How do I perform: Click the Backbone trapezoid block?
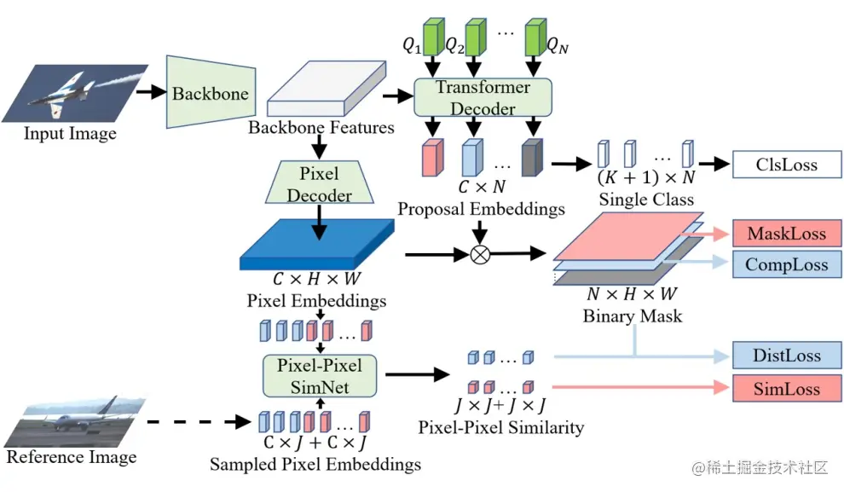(x=210, y=93)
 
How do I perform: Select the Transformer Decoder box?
(x=483, y=98)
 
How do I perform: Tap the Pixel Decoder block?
(x=320, y=184)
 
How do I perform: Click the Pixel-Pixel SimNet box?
(x=320, y=376)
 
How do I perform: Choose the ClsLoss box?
(x=786, y=165)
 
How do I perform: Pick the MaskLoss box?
(x=786, y=233)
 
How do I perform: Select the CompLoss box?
(x=786, y=264)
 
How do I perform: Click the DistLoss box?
(x=786, y=356)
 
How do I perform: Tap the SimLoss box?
(x=786, y=389)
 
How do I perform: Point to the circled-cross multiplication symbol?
(x=481, y=252)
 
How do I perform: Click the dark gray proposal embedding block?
(x=532, y=158)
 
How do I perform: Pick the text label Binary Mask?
(x=632, y=316)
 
